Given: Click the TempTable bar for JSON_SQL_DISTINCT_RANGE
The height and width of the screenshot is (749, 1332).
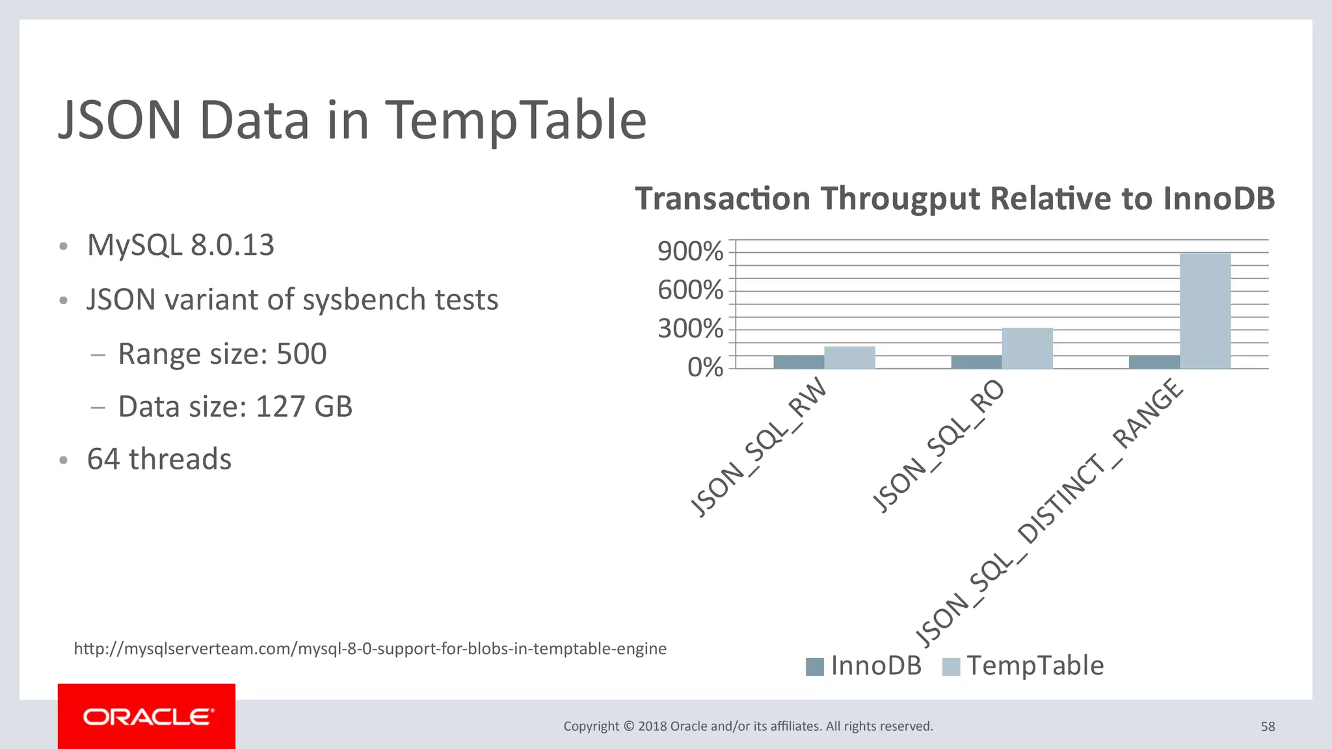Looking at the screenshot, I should [1205, 311].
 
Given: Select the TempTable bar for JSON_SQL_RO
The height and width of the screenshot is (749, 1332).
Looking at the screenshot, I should [1027, 348].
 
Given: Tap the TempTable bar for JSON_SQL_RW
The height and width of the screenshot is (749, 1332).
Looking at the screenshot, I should [849, 358].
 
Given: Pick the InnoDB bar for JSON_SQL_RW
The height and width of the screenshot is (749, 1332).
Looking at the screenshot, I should [799, 362].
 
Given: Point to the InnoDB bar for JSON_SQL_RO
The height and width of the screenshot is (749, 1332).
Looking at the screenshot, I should [976, 362].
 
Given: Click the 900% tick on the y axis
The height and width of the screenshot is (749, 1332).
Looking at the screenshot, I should [690, 252].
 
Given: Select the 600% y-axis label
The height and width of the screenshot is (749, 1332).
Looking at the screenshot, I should [690, 290].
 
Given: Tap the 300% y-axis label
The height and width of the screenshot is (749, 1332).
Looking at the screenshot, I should [690, 329].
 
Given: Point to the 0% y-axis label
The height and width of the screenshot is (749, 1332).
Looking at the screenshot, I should [705, 368].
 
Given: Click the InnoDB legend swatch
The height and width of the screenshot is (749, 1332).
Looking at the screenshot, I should [814, 666].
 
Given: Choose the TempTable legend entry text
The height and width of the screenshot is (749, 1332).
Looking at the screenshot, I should [1035, 666].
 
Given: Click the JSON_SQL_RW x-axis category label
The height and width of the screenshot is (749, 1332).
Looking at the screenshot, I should [758, 448].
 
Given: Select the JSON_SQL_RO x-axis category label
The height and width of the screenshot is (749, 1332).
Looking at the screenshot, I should [938, 446].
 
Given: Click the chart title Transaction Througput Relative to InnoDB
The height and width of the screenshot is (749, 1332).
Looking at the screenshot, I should [954, 198].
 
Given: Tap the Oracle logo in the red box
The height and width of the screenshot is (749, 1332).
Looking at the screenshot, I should [147, 717].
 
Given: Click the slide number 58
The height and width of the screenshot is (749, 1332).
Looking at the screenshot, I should [1268, 727].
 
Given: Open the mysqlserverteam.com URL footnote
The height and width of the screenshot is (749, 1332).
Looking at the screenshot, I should [370, 649].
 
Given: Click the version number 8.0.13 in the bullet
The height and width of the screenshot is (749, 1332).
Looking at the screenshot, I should [232, 246].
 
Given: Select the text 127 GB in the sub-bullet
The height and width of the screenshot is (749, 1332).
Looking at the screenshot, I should [304, 407].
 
